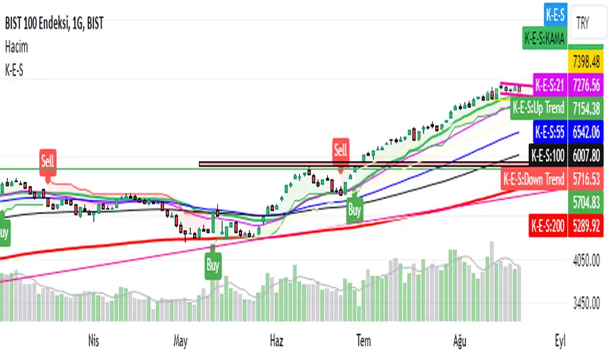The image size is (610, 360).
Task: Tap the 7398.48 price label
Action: [586, 63]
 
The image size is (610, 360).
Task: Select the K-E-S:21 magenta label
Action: [550, 84]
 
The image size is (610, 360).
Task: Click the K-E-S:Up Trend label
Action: [538, 107]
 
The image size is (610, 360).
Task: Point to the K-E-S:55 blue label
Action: [549, 132]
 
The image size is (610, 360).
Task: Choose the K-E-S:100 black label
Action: [547, 156]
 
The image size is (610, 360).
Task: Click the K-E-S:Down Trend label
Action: [533, 179]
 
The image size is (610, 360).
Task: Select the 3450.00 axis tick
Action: [586, 304]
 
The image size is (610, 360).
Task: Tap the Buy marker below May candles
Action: [213, 266]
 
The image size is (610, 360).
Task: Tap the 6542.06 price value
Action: [586, 132]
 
